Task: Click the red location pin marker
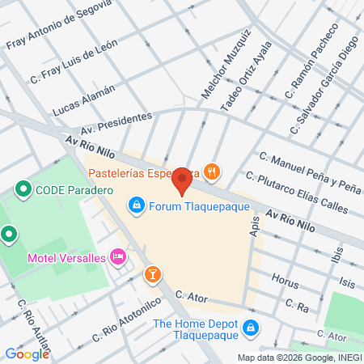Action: pos(183,180)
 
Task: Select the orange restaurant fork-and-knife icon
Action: pos(211,171)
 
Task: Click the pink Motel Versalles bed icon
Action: pos(118,257)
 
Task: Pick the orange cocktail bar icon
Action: pos(151,276)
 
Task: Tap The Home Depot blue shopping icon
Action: pos(251,327)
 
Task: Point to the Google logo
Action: pos(27,353)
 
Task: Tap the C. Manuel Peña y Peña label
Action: pos(309,171)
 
